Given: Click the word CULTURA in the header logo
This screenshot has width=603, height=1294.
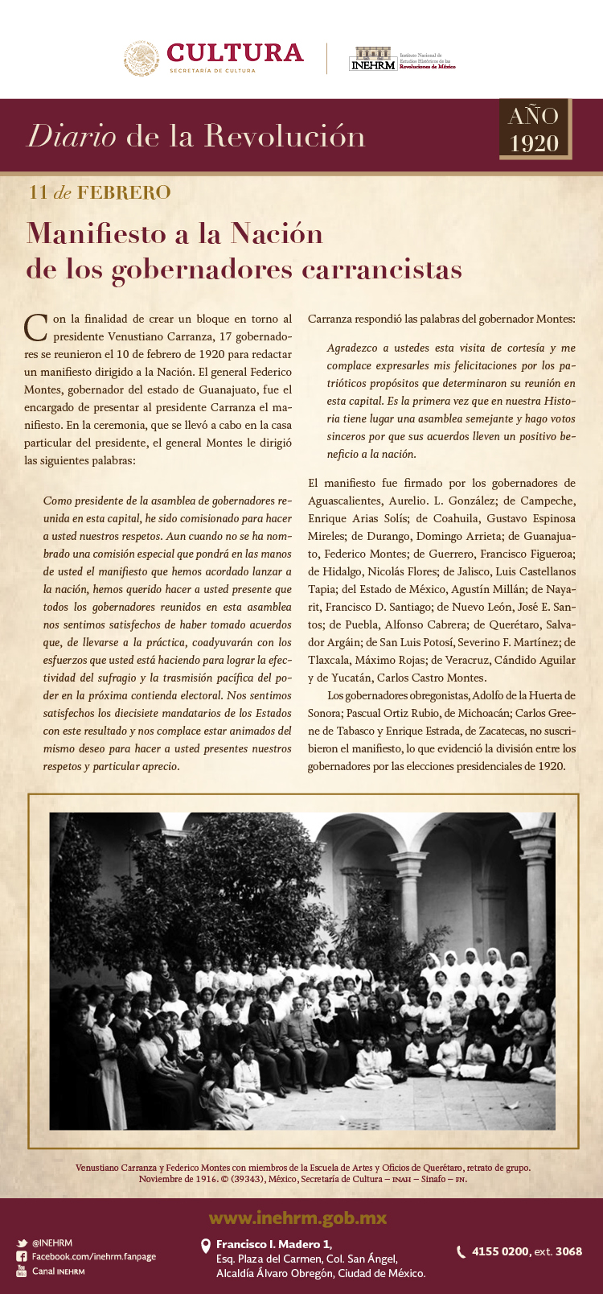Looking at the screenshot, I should (x=235, y=53).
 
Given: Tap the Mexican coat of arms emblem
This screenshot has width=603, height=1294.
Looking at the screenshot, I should (x=142, y=58).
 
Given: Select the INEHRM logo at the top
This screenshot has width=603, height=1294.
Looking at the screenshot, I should (x=373, y=60).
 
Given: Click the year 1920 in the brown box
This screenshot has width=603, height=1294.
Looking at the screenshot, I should (x=534, y=143).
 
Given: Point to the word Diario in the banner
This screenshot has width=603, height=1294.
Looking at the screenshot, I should (x=72, y=136).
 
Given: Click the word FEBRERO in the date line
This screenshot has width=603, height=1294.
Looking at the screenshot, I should (x=124, y=193).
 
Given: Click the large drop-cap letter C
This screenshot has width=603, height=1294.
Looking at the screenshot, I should (x=35, y=327).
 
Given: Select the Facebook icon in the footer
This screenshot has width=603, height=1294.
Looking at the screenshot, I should (x=22, y=1257).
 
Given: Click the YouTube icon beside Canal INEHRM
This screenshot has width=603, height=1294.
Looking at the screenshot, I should (x=22, y=1271).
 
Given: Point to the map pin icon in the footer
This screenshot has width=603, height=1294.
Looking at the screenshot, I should (x=205, y=1247).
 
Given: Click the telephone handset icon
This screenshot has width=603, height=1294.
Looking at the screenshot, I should (x=461, y=1251).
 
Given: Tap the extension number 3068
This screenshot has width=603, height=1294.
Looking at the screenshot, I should (x=568, y=1251).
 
